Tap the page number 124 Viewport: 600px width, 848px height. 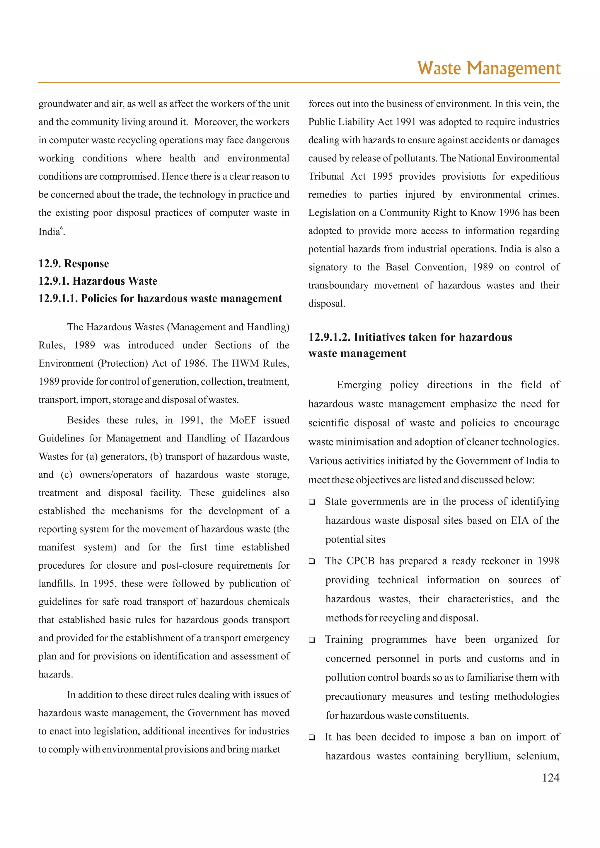pos(550,777)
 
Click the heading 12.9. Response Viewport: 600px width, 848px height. pos(74,264)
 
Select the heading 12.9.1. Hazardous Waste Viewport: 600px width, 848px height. pos(98,281)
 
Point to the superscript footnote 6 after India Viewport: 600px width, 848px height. pos(62,228)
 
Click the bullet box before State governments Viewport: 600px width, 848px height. pos(312,502)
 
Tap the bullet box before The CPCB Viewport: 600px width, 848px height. pos(312,562)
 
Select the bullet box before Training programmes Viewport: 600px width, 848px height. pos(312,640)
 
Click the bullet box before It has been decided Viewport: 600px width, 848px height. pos(312,737)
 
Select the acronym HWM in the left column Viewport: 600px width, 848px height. pos(245,363)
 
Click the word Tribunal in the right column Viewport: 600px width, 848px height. pos(326,177)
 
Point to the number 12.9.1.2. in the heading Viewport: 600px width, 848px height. pos(329,337)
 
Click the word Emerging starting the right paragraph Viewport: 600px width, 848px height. pos(359,385)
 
